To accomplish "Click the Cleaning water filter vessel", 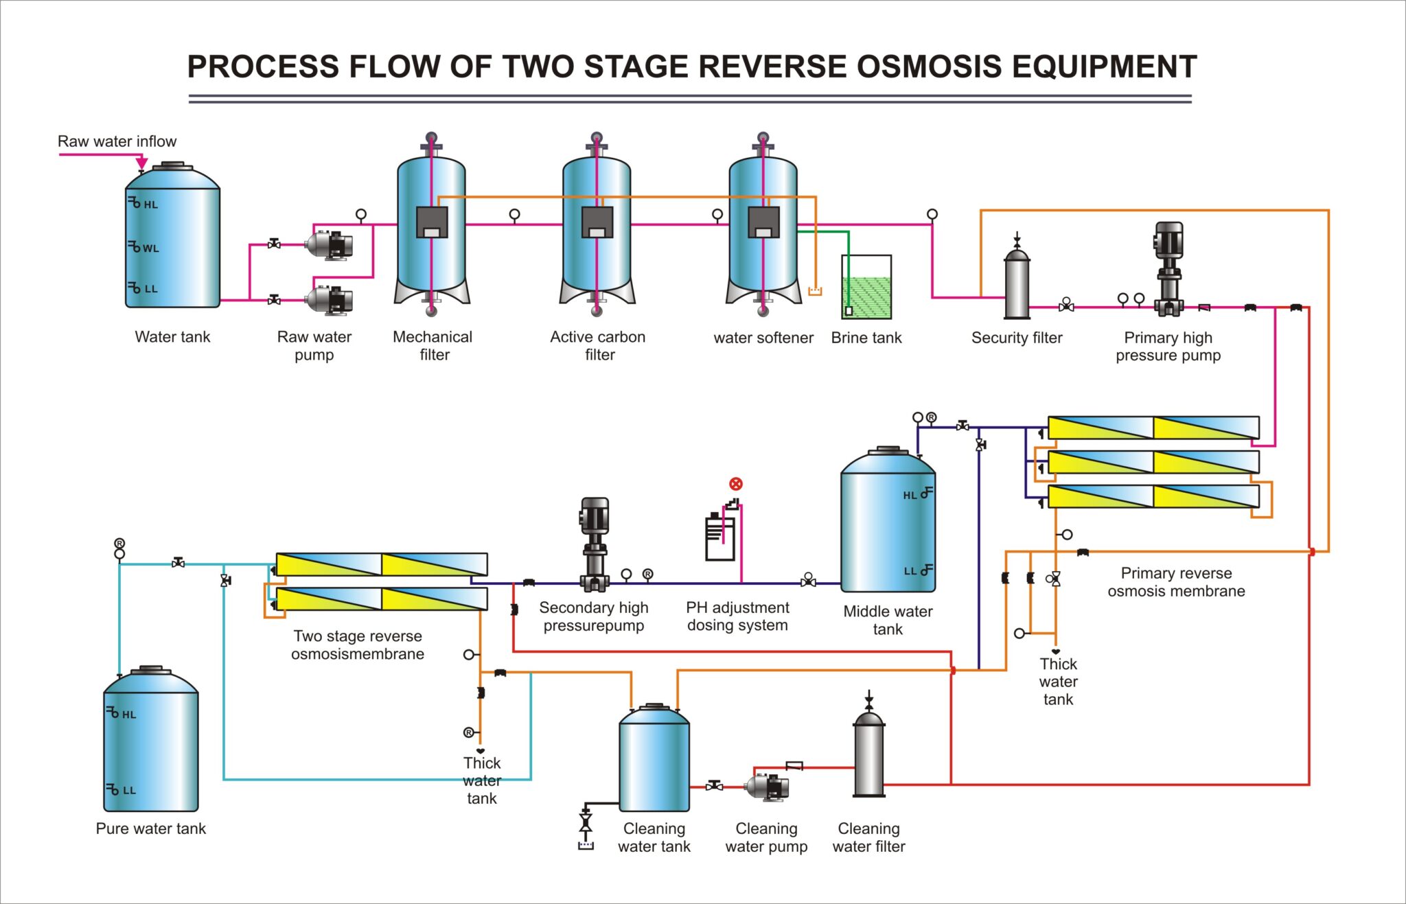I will tap(869, 755).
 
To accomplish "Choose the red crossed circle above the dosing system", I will tap(736, 484).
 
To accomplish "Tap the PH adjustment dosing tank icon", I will tap(720, 539).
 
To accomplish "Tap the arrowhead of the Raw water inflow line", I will tap(141, 163).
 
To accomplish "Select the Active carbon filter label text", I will tap(598, 345).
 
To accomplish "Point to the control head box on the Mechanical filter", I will tap(432, 222).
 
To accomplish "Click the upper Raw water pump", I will tap(329, 244).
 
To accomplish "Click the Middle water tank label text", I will tap(888, 620).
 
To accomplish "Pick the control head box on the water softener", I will tap(763, 222).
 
